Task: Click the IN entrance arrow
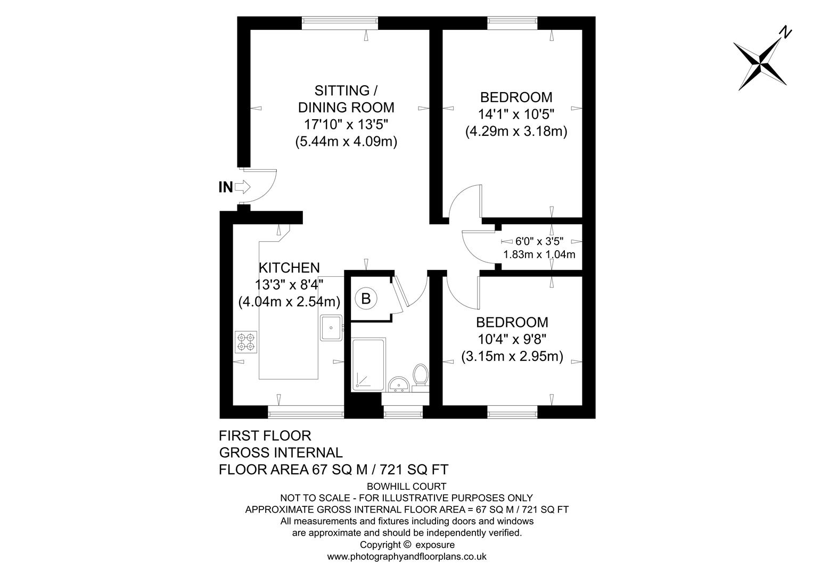pos(242,187)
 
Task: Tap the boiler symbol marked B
pos(366,298)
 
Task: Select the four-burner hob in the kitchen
pos(247,342)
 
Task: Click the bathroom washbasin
pos(399,384)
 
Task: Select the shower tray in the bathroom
pos(367,365)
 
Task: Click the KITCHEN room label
pos(289,268)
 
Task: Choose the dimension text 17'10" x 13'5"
pos(346,125)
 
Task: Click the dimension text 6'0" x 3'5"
pos(539,241)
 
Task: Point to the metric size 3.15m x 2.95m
pos(512,356)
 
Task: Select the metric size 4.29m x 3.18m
pos(516,131)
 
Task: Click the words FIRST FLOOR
pos(265,436)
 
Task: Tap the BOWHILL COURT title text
pos(407,486)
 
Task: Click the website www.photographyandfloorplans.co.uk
pos(407,557)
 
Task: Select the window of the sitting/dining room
pos(340,23)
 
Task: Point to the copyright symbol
pos(407,545)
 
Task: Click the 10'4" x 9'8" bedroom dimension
pos(512,339)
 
